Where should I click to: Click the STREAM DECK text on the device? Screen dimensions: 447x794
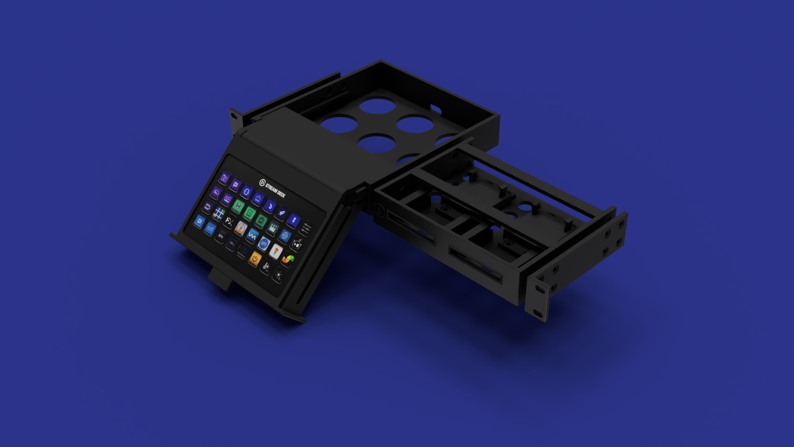click(275, 191)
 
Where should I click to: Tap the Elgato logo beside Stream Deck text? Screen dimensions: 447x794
click(262, 183)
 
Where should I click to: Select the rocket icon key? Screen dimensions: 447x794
click(281, 212)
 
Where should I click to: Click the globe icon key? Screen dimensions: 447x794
click(285, 235)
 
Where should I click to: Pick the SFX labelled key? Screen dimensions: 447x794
click(221, 236)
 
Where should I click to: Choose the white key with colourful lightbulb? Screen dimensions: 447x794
click(276, 251)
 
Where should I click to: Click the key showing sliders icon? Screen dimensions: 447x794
click(306, 228)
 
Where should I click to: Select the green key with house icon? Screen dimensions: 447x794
click(261, 221)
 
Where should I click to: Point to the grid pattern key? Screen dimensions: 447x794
click(219, 214)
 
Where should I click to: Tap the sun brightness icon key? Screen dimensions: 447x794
click(279, 275)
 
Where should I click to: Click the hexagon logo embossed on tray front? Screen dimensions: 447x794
click(379, 209)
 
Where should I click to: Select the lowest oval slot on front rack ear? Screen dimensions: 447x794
click(538, 314)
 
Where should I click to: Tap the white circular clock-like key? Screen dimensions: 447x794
click(241, 228)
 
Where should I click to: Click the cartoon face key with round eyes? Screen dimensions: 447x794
click(297, 244)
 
